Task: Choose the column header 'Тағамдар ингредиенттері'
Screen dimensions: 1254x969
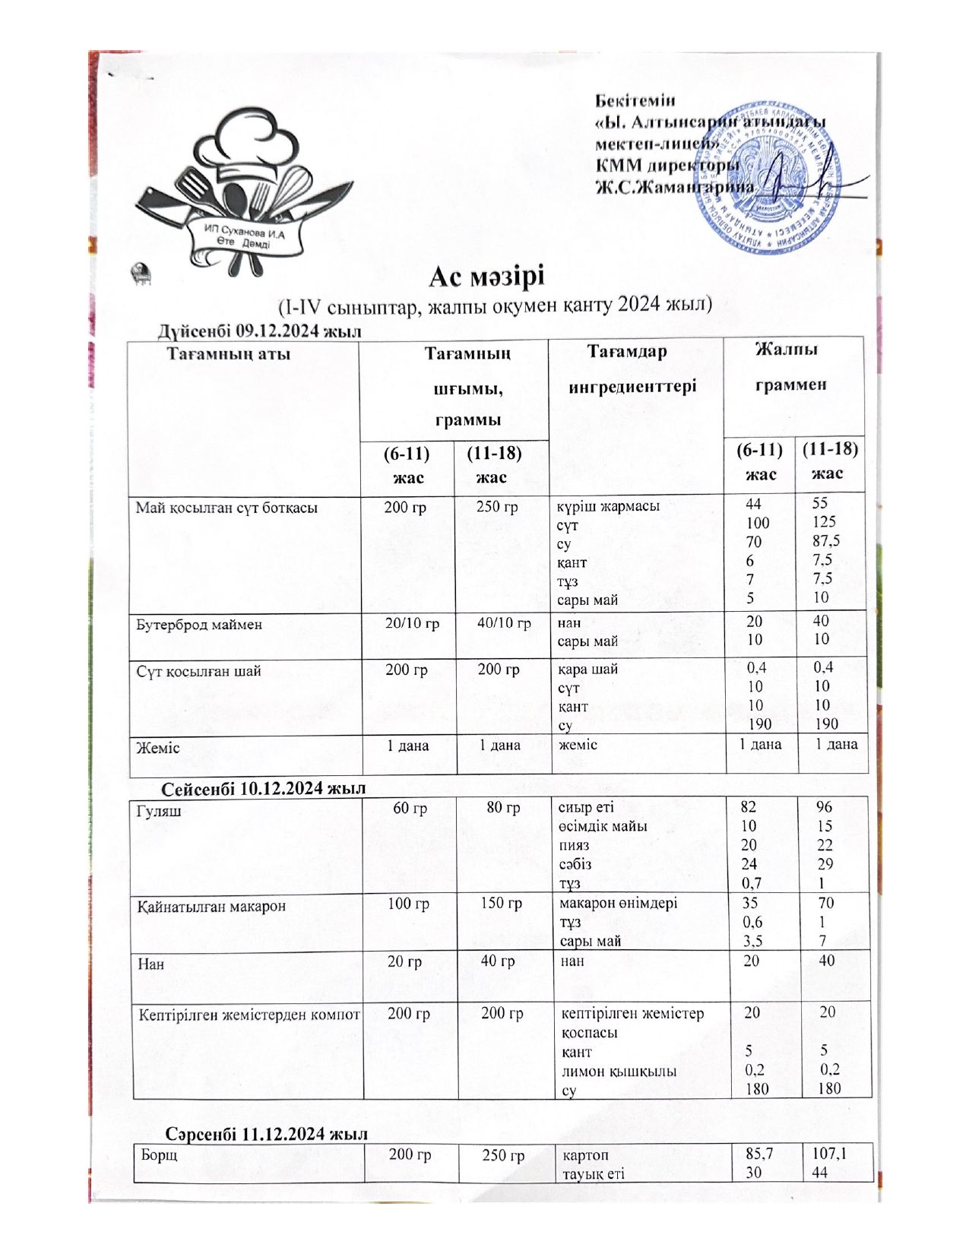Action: click(x=632, y=369)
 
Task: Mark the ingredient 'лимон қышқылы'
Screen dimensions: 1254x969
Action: click(x=619, y=1071)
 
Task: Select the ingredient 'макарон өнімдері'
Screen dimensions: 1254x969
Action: click(x=619, y=904)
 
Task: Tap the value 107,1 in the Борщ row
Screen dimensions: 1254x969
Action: click(x=828, y=1154)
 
